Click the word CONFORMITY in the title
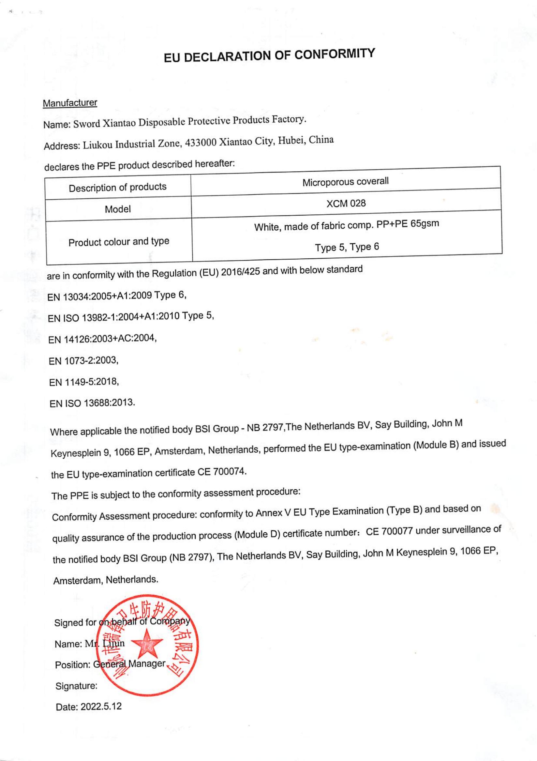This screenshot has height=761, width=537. point(335,54)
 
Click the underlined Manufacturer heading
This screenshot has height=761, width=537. point(70,103)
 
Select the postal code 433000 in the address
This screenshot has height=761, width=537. point(201,143)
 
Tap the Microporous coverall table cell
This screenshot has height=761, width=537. point(345,182)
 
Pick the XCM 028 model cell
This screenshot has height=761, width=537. point(346,203)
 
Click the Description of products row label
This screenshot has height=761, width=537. point(118,187)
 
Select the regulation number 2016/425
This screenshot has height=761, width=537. point(240,272)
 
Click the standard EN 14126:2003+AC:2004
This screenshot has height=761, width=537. point(102,339)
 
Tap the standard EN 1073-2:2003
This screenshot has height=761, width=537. point(83,360)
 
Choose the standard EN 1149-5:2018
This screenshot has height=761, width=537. point(84,382)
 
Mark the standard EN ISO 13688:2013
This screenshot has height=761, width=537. point(92,403)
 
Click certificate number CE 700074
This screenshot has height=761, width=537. point(222,472)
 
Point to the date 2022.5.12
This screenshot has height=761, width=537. point(101,706)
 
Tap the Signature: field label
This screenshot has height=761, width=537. point(77,685)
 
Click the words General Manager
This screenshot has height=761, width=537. point(129,664)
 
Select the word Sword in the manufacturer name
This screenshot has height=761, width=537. point(86,124)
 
